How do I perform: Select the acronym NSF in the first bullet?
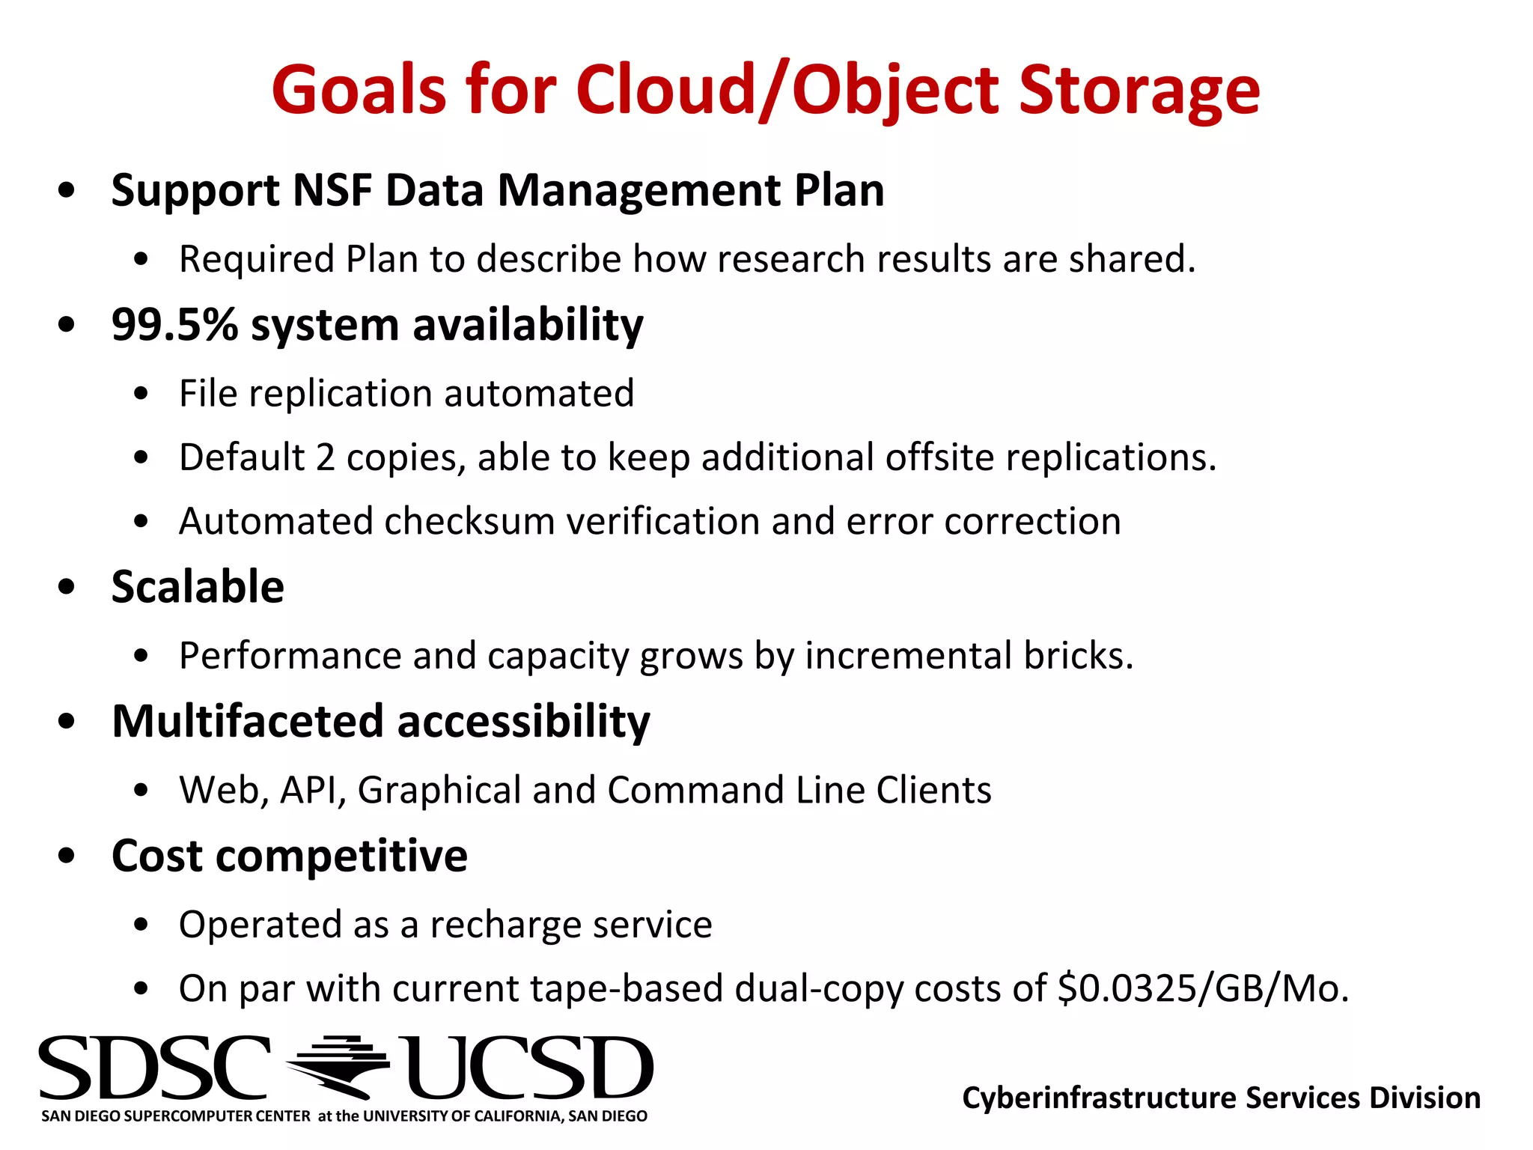coord(332,190)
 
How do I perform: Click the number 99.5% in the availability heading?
coord(174,325)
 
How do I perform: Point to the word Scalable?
coord(198,586)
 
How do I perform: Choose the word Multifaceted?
coord(248,721)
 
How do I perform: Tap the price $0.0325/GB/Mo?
coord(1203,988)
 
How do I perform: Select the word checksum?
coord(469,521)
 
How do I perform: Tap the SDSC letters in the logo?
coord(153,1068)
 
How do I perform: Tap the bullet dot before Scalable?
coord(67,587)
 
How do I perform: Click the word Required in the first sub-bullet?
coord(256,260)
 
